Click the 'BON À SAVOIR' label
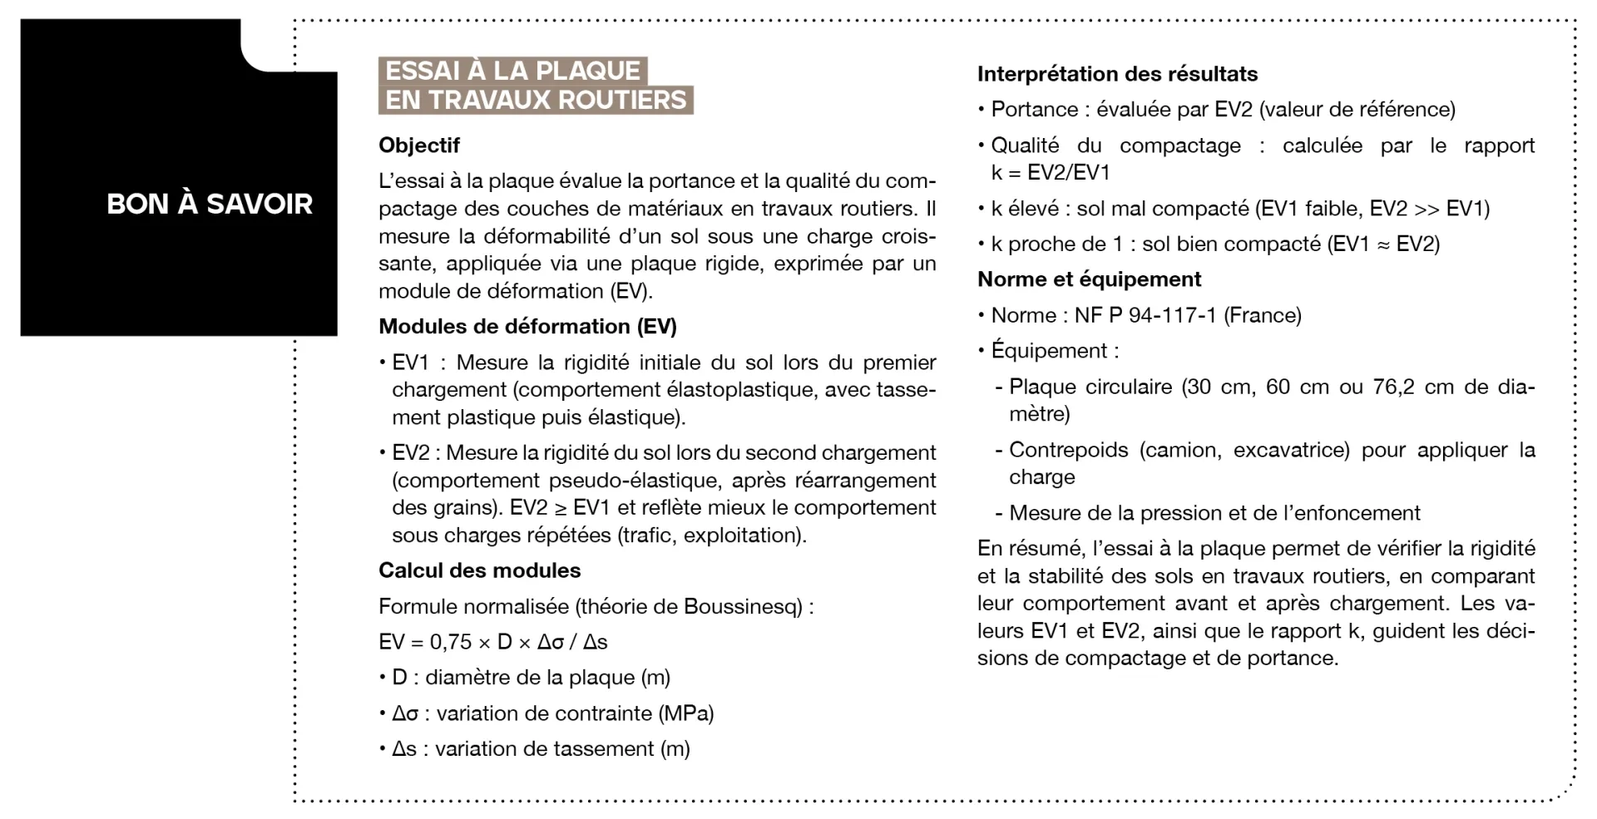(x=210, y=204)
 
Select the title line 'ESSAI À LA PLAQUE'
(x=512, y=71)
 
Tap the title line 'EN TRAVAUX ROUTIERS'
(x=536, y=100)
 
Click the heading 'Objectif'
(x=419, y=146)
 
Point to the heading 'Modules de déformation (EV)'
(x=527, y=327)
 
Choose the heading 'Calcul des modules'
(x=479, y=570)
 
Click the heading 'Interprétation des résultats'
(x=1117, y=74)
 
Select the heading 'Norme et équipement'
(x=1089, y=279)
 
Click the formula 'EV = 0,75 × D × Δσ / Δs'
(x=492, y=642)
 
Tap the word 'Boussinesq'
(x=743, y=606)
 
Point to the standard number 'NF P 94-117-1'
(x=1145, y=315)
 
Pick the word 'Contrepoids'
(x=1068, y=450)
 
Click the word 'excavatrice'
(x=1291, y=450)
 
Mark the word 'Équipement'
(x=1049, y=351)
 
